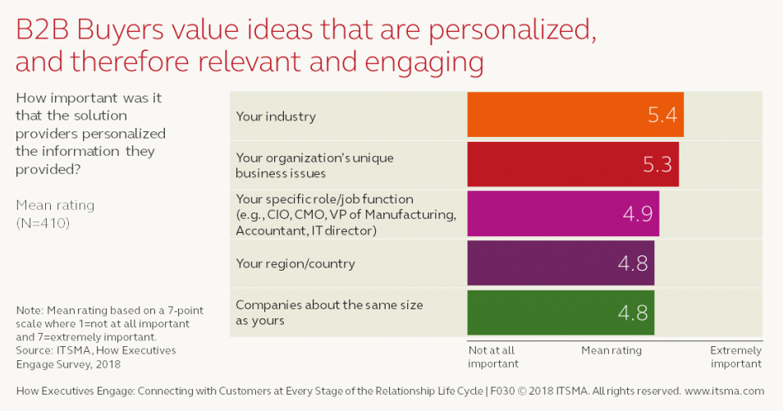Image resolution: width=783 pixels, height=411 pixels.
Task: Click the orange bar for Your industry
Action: (x=575, y=114)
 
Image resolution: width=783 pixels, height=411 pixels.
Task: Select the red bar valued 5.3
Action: (x=572, y=164)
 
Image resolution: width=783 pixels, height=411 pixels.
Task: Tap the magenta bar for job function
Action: (x=562, y=214)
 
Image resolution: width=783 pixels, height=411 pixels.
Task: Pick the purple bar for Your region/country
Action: (x=560, y=263)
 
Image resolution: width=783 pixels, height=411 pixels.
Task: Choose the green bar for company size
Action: (x=560, y=313)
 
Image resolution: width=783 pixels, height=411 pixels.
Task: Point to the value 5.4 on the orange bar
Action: (x=662, y=115)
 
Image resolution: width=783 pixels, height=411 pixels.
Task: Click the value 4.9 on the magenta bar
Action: (x=637, y=215)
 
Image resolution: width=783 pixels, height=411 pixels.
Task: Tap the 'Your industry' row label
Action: (x=276, y=116)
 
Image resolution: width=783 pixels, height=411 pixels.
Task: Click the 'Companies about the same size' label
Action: (x=329, y=305)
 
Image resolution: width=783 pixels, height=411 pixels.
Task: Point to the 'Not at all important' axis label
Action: (x=492, y=357)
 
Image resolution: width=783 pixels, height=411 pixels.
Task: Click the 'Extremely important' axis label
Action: (x=735, y=357)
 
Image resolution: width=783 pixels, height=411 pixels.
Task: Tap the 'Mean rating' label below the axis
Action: (x=611, y=350)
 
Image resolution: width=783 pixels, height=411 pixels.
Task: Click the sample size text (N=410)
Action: (x=42, y=222)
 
